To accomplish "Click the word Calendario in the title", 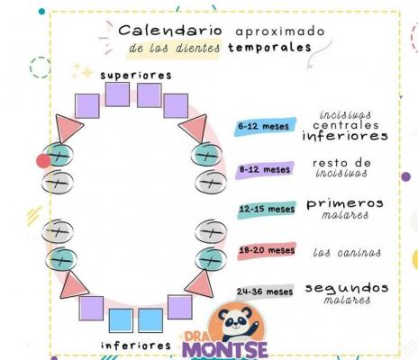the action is (x=170, y=31).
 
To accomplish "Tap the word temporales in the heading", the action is (x=269, y=48).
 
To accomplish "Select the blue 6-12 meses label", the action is (x=265, y=126).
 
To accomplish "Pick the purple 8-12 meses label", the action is (x=264, y=169).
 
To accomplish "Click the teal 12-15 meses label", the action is (x=267, y=209).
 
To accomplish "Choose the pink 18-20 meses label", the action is (x=267, y=250).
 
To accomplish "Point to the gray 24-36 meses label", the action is (x=265, y=292).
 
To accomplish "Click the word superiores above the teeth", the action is (x=136, y=76).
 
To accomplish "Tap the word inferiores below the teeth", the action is (x=136, y=346).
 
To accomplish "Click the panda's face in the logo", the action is (x=235, y=321).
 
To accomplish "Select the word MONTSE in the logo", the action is (x=224, y=350).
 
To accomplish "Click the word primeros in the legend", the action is (x=345, y=204).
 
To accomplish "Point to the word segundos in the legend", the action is (x=347, y=289).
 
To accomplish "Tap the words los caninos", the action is (x=347, y=252).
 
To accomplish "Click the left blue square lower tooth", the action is (x=121, y=320).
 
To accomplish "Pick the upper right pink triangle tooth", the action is (x=195, y=127).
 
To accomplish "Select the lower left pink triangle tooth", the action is (x=73, y=285).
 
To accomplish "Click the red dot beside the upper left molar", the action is (x=43, y=161).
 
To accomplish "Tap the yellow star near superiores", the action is (x=87, y=73).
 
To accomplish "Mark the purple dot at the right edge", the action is (x=406, y=176).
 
